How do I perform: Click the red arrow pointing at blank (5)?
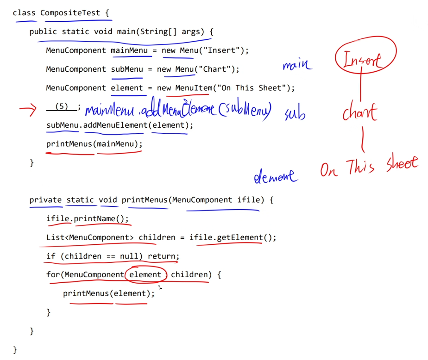tap(27, 110)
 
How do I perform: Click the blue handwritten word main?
tap(296, 64)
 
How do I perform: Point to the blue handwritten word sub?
tap(295, 114)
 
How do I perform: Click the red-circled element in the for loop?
tap(145, 274)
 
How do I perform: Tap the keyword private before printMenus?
tap(45, 200)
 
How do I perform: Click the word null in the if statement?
tap(129, 256)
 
